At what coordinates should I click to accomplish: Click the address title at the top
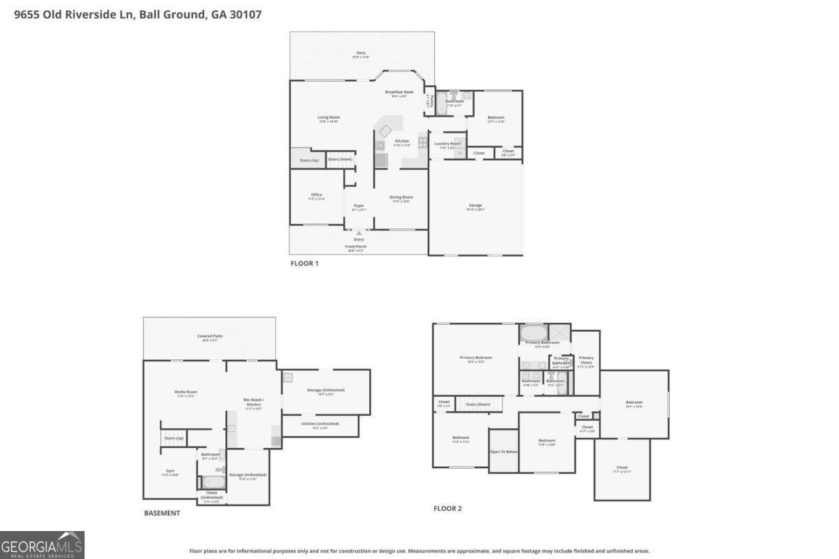(x=138, y=14)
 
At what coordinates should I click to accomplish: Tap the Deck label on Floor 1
(x=361, y=53)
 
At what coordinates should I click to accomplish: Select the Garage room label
(x=475, y=205)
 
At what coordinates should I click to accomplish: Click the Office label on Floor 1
(x=317, y=195)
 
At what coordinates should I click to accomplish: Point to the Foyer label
(x=359, y=205)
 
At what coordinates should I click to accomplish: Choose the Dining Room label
(x=401, y=197)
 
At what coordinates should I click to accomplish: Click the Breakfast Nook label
(x=399, y=92)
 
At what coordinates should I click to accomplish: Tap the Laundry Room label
(x=447, y=144)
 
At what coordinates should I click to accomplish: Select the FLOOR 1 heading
(x=304, y=263)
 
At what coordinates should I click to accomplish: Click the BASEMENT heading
(x=162, y=513)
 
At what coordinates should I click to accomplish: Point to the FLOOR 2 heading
(x=447, y=509)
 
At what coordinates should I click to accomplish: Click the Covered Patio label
(x=209, y=336)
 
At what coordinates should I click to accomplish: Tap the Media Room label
(x=186, y=392)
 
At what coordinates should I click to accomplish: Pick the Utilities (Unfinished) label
(x=320, y=423)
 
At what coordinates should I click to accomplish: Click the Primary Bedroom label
(x=476, y=358)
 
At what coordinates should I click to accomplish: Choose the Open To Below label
(x=503, y=451)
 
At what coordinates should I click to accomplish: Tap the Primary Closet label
(x=586, y=360)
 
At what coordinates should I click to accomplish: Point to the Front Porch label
(x=356, y=247)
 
